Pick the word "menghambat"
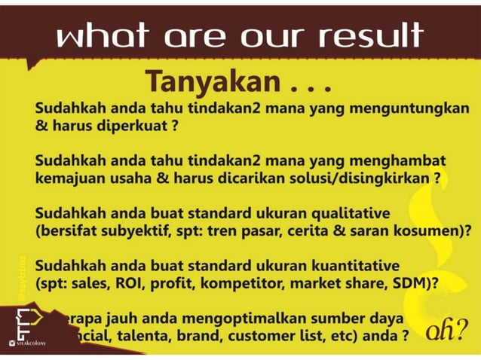coord(397,160)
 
